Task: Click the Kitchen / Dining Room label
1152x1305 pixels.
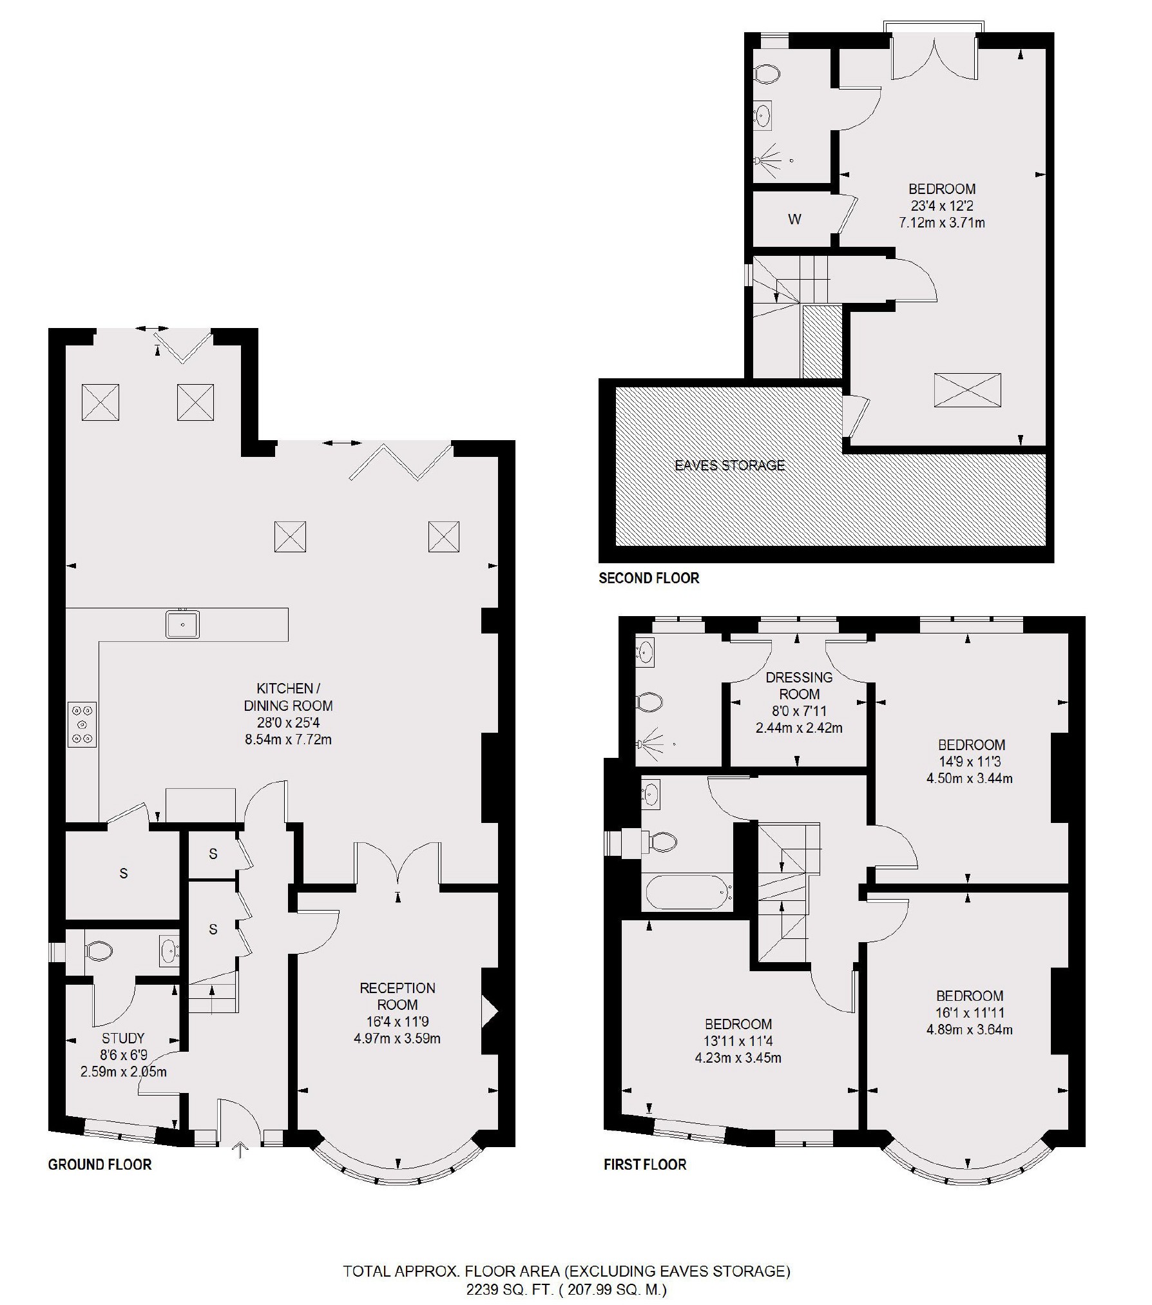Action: point(287,697)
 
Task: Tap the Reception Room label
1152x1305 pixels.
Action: point(398,996)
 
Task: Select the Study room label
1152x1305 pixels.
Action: point(123,1038)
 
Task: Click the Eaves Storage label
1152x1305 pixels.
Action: point(729,465)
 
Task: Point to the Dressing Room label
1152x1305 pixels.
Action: point(799,686)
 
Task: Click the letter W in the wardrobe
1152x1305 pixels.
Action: point(794,220)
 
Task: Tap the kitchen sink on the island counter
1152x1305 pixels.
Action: point(183,624)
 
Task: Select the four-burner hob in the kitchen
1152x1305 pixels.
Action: point(82,724)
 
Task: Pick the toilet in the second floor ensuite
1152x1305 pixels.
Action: point(767,75)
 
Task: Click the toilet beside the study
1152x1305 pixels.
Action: point(99,951)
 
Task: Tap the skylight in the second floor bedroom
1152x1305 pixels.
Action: point(967,390)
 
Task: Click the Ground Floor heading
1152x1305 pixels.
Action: point(100,1165)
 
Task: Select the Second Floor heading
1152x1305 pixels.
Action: point(649,578)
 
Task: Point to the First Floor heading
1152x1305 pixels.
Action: point(645,1165)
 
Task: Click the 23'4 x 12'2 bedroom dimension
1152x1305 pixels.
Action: point(941,206)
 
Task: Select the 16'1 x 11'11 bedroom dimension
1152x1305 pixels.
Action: point(970,1012)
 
